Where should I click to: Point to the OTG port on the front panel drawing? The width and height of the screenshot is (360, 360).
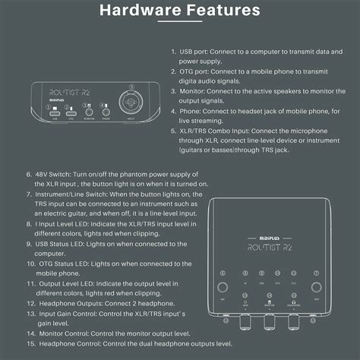click(x=71, y=110)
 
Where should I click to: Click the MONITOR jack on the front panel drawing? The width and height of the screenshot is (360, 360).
click(x=89, y=110)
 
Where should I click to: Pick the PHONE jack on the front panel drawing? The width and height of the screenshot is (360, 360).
click(x=106, y=110)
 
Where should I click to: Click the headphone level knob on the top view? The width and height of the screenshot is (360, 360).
click(x=292, y=323)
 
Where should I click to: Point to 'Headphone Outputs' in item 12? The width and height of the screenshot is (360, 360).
click(x=70, y=302)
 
